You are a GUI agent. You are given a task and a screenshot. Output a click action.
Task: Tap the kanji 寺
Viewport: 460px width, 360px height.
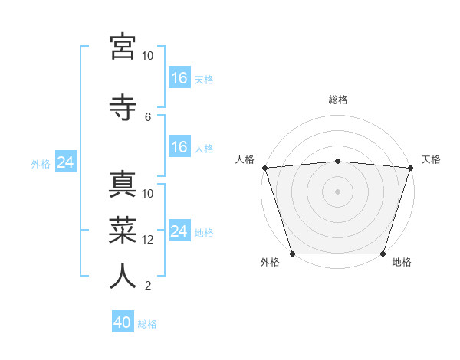[x=123, y=107]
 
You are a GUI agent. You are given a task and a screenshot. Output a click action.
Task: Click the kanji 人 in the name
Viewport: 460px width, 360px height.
[x=123, y=275]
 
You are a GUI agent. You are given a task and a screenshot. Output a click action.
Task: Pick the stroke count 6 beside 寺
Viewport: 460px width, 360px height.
[x=148, y=117]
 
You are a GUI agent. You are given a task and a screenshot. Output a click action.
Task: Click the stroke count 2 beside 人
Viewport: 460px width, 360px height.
[x=148, y=286]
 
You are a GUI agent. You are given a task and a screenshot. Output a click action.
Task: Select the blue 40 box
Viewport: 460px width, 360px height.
[x=123, y=323]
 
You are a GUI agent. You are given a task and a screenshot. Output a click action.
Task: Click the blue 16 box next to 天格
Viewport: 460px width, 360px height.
[x=179, y=78]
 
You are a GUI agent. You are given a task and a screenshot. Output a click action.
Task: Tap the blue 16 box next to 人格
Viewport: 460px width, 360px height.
[x=179, y=148]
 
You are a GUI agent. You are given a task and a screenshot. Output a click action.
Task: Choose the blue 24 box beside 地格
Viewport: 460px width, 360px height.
[x=179, y=231]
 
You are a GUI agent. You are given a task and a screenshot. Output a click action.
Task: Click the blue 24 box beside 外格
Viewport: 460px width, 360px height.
[x=65, y=162]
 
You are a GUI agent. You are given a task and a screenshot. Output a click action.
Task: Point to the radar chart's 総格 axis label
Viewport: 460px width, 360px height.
[x=338, y=100]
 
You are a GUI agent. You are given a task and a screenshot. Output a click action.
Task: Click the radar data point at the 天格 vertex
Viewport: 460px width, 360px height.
[x=410, y=168]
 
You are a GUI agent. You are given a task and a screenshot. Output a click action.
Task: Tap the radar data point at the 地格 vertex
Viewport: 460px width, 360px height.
[x=383, y=254]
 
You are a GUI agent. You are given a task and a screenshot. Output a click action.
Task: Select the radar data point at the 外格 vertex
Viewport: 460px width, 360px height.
[x=293, y=254]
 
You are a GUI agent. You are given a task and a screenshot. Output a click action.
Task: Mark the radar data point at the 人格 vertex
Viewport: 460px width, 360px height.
[x=265, y=168]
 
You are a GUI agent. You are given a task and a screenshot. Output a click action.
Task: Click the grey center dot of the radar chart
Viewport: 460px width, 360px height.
[x=338, y=191]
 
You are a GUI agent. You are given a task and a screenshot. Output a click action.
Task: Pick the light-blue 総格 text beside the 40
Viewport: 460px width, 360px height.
[x=147, y=324]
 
